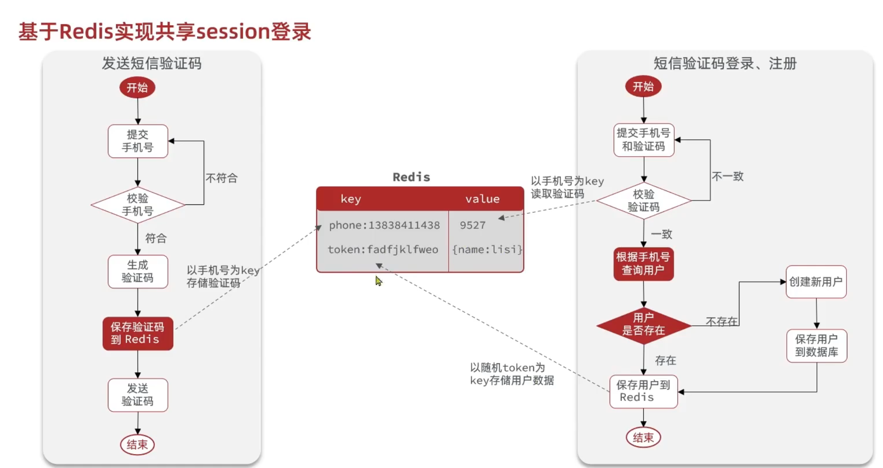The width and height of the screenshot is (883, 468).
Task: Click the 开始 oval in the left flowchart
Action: pos(137,87)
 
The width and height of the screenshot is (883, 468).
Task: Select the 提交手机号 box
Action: pos(138,141)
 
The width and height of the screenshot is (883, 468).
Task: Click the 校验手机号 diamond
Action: pos(138,204)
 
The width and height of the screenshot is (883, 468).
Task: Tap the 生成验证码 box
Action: pos(138,271)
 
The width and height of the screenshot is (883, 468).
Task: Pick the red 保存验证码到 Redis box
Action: pos(138,334)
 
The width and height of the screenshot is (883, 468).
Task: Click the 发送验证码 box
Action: pos(138,395)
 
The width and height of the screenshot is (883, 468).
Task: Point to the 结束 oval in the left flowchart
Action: pos(138,445)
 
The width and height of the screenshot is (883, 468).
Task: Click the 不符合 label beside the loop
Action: pos(222,178)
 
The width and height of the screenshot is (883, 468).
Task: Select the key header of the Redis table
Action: pos(351,199)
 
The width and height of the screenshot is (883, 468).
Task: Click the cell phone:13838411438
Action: pos(384,225)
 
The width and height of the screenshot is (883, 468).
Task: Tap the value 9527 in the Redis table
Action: pos(473,225)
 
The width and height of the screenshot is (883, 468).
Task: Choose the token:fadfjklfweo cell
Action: pos(383,250)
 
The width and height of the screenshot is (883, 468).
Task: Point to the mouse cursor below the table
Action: pos(379,281)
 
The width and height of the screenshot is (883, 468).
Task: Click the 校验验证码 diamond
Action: pos(644,201)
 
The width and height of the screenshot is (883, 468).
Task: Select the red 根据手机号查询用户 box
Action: pos(644,264)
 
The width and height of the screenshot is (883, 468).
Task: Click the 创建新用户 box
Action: pos(816,282)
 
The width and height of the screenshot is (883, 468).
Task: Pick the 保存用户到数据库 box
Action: pos(817,346)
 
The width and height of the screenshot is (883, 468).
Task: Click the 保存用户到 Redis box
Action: pos(644,391)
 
